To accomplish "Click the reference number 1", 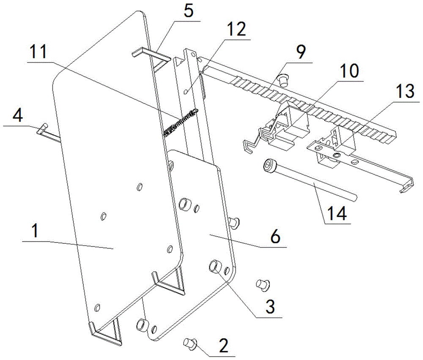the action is (x=35, y=232).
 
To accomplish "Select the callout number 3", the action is (x=269, y=306).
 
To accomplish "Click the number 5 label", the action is (x=188, y=11).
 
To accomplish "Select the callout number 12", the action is (x=236, y=29).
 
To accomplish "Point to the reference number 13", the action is (x=405, y=91).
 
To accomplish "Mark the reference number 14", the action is (x=337, y=213).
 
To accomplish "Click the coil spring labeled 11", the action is (x=181, y=123).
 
